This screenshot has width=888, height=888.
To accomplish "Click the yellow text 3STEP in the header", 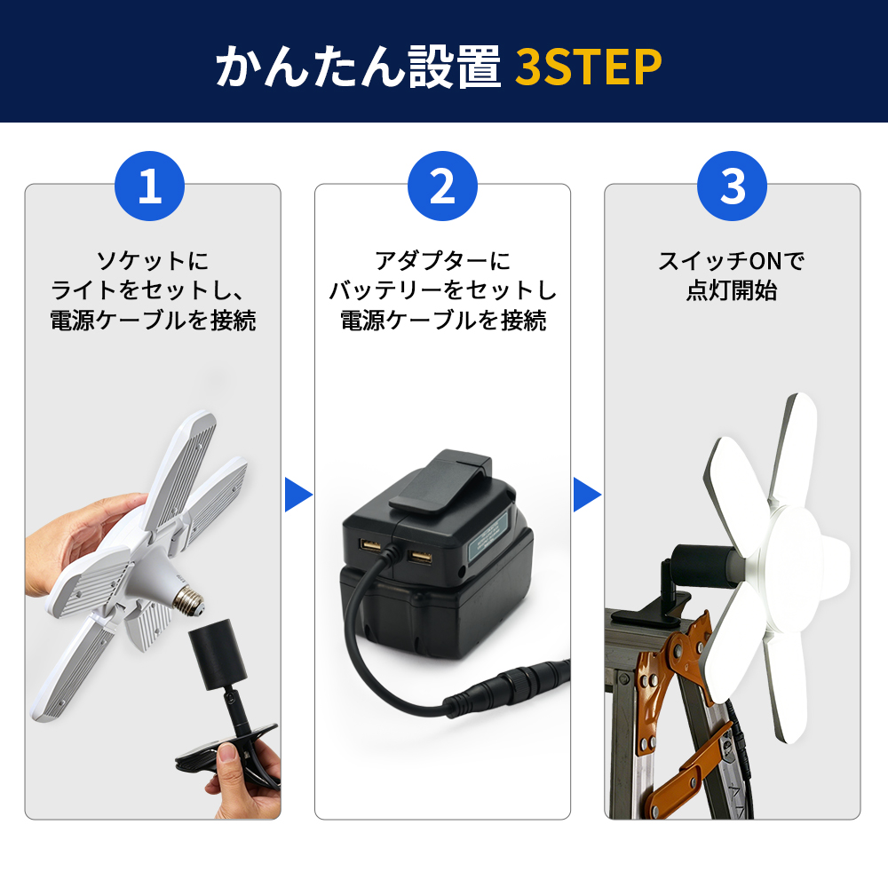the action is [x=588, y=67].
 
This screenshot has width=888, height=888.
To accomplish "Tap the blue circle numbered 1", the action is [x=149, y=186].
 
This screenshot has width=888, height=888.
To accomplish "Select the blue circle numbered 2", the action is [x=442, y=186].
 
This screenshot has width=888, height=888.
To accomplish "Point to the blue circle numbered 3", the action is [x=733, y=186].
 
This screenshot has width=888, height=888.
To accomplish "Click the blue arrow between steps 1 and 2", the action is [x=297, y=495].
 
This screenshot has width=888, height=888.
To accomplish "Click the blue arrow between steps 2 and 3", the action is [x=587, y=495].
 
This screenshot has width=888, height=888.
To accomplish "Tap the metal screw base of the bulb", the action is [x=188, y=600].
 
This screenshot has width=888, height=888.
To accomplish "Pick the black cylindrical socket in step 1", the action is [x=218, y=654].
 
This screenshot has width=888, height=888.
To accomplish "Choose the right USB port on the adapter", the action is [x=420, y=558].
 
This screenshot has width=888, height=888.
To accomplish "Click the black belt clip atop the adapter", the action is [x=440, y=480].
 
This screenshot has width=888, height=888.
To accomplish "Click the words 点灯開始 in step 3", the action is [x=732, y=290].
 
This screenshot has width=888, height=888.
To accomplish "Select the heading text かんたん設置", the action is [x=358, y=67].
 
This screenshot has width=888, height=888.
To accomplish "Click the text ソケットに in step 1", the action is [x=153, y=260].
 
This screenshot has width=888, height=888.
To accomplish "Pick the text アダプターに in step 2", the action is [x=442, y=260].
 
